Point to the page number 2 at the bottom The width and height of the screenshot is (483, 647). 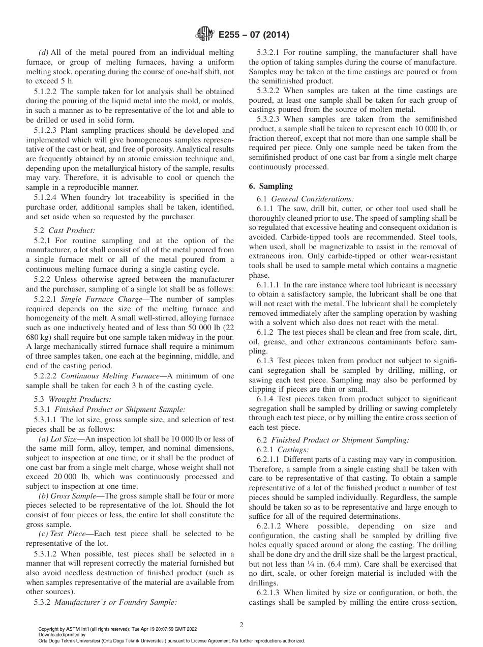click(241, 625)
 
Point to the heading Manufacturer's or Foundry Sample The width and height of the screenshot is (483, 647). click(115, 602)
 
